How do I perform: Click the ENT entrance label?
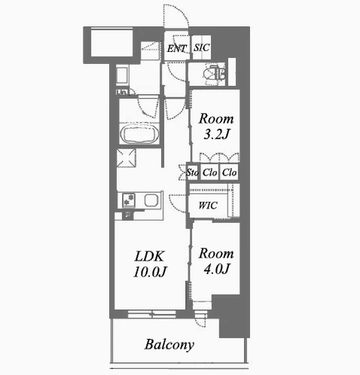(x=177, y=48)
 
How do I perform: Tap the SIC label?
(x=201, y=47)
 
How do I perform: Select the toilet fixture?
(x=214, y=73)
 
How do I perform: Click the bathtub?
(x=139, y=134)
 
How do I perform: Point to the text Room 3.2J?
(x=216, y=127)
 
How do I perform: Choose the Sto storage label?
(x=192, y=172)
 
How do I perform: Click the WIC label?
(x=208, y=206)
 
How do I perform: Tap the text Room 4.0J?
(x=216, y=261)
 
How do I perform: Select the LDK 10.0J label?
(x=150, y=264)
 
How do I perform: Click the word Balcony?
(x=169, y=345)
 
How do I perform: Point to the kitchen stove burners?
(x=129, y=200)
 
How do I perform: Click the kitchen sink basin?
(x=151, y=200)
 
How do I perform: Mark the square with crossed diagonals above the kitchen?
(x=127, y=158)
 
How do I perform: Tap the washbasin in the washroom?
(x=122, y=75)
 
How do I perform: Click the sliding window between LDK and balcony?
(x=151, y=314)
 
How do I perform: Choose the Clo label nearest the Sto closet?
(x=209, y=172)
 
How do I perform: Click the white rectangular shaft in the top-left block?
(x=111, y=43)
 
